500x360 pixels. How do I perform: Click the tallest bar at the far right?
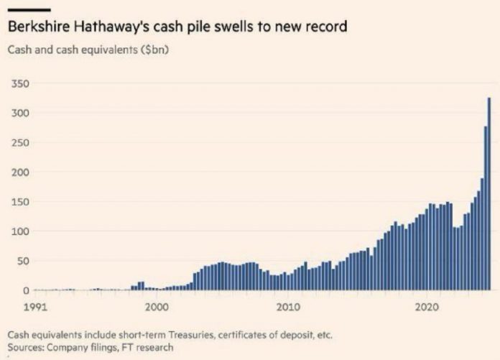pyautogui.click(x=489, y=194)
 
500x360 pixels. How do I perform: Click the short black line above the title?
pyautogui.click(x=28, y=9)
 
